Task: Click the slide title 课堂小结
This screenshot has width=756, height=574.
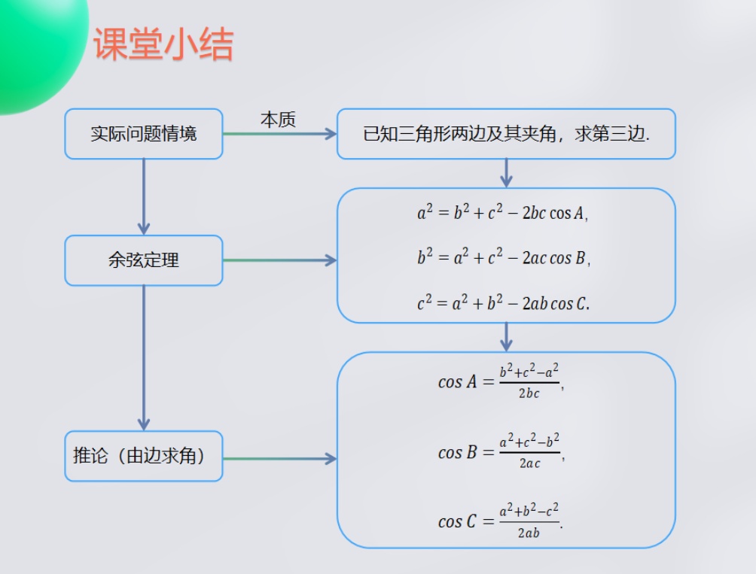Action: click(x=163, y=44)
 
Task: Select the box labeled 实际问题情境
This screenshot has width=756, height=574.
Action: click(x=144, y=134)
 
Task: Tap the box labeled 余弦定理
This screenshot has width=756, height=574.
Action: click(x=144, y=260)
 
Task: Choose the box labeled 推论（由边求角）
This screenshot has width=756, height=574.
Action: click(x=144, y=456)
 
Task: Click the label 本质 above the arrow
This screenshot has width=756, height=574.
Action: click(x=278, y=120)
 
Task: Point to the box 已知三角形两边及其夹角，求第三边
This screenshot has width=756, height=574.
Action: click(x=506, y=134)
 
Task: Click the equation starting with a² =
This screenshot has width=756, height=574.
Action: click(x=502, y=213)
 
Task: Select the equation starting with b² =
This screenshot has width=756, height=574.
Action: click(x=503, y=258)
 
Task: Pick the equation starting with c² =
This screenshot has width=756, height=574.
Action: click(x=503, y=303)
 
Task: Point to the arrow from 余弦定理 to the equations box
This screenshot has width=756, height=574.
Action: click(x=279, y=260)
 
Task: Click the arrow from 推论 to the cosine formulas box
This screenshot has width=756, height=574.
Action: click(x=279, y=458)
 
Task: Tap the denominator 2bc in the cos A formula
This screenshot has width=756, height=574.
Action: click(x=529, y=393)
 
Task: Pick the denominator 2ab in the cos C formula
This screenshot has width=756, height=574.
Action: click(x=529, y=533)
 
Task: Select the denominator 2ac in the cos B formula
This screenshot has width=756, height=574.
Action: click(x=529, y=464)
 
